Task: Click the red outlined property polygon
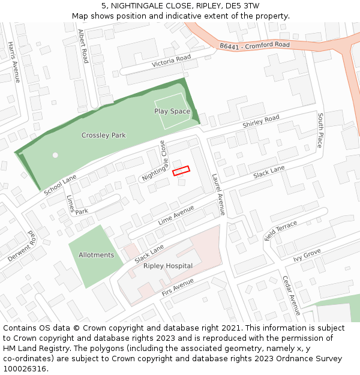pos(181,171)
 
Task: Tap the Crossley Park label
pos(104,136)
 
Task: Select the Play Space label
pos(172,112)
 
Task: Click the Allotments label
pos(96,255)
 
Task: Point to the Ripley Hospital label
pos(168,266)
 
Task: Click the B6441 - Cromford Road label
pos(254,45)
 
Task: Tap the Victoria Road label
pos(171,61)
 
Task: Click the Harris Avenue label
pos(14,62)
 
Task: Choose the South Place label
pos(320,130)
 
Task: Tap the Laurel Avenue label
pos(218,194)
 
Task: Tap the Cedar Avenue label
pos(291,296)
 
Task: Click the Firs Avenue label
pos(178,287)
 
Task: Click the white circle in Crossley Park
pos(55,155)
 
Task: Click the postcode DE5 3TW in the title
pos(244,6)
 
